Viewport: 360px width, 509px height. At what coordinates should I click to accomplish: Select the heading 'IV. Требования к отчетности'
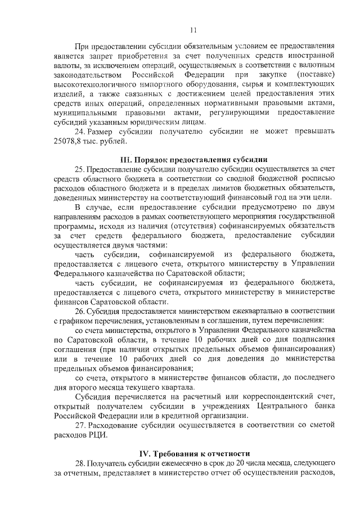(194, 453)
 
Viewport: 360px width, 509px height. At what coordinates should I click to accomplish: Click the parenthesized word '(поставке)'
(314, 74)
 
